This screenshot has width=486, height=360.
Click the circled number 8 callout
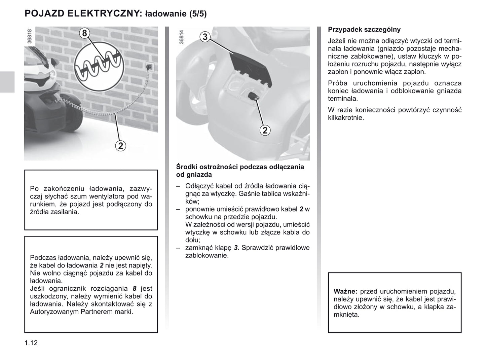[x=84, y=33]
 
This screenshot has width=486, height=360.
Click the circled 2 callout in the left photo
[x=120, y=146]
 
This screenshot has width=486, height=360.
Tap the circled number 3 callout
[x=205, y=37]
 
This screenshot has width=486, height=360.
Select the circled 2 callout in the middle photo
[x=265, y=130]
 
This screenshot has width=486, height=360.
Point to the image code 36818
[x=30, y=36]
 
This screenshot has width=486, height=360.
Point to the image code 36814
[x=182, y=37]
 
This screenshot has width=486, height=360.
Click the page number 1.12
[x=31, y=343]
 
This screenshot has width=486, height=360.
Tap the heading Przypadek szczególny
[x=364, y=30]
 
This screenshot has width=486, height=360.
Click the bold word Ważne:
[x=345, y=291]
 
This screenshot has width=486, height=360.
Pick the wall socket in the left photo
[x=149, y=66]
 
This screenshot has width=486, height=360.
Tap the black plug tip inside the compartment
[x=253, y=96]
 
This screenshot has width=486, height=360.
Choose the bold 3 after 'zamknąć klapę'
[x=236, y=248]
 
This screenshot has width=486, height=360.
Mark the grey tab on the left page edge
[x=7, y=82]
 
